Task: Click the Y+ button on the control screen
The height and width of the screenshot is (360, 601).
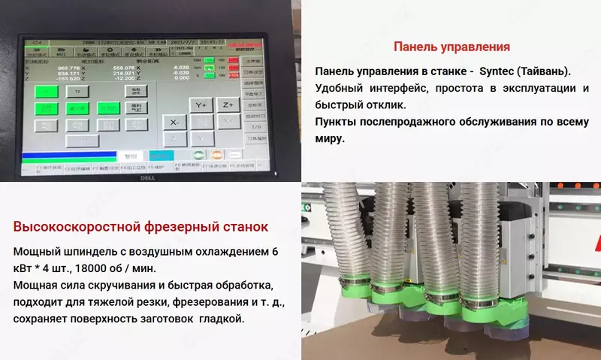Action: point(201,105)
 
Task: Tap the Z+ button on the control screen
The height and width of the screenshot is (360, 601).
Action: point(228,105)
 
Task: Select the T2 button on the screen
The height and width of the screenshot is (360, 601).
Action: point(77,91)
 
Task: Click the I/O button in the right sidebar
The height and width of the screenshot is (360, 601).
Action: point(252,129)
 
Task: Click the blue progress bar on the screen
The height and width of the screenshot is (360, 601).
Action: point(68,156)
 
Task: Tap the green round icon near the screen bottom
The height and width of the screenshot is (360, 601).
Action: point(200,155)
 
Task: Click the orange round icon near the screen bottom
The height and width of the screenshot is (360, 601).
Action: point(216,155)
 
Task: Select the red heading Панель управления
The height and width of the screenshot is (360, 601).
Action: point(452,47)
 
